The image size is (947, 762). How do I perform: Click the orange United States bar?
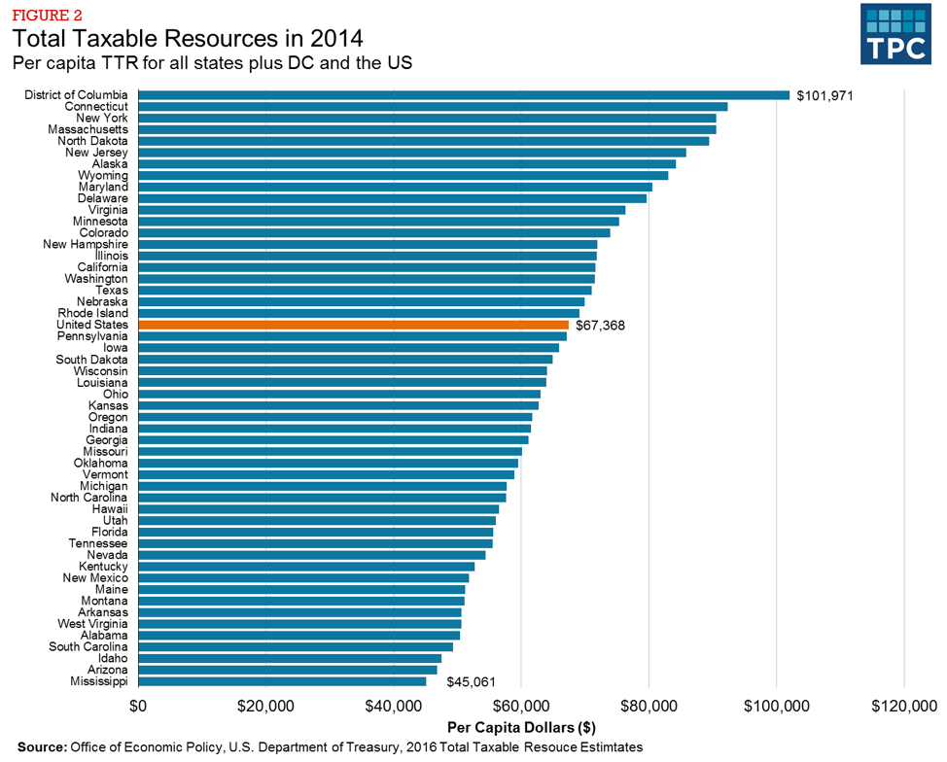(x=354, y=325)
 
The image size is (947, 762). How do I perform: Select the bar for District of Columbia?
(x=464, y=95)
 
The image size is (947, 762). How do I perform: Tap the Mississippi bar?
(x=282, y=681)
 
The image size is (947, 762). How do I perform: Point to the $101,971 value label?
(x=824, y=96)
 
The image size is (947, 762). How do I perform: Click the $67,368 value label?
(x=600, y=326)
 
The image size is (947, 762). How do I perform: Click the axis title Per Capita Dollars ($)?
(x=521, y=727)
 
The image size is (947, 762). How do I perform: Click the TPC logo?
(x=896, y=36)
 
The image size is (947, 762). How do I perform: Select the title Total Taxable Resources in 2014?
(x=188, y=40)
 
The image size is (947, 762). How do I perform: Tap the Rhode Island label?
(x=92, y=313)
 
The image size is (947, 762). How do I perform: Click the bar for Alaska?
(x=407, y=164)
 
